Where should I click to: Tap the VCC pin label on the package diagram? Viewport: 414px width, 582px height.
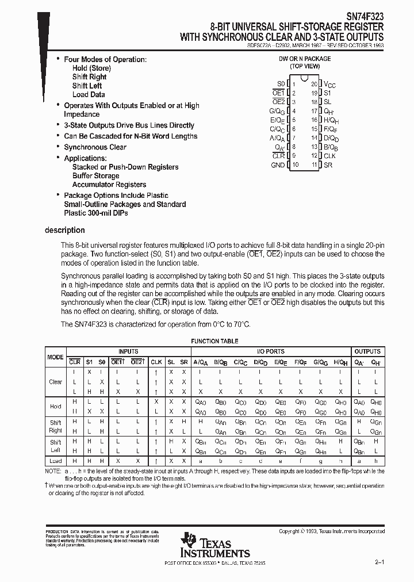[x=330, y=84]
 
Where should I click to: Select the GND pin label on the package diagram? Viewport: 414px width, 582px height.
[x=278, y=165]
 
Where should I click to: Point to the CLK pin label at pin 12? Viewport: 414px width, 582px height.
[x=329, y=156]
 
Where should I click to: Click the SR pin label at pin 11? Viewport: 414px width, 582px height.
[x=328, y=165]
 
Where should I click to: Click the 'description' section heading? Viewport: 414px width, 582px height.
[x=64, y=230]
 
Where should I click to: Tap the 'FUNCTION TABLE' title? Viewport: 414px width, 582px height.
[x=214, y=341]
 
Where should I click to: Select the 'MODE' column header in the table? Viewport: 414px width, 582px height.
[x=55, y=357]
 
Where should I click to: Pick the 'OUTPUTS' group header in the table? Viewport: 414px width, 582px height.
[x=367, y=351]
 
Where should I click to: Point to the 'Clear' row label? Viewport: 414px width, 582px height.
[x=55, y=382]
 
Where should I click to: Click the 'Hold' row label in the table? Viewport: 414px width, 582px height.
[x=55, y=407]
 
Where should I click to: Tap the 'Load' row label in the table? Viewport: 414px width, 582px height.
[x=55, y=461]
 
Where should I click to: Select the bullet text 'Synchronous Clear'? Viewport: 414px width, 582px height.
[x=95, y=147]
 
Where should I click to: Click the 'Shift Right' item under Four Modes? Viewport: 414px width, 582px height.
[x=89, y=77]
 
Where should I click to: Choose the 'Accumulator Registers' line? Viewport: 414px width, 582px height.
[x=109, y=185]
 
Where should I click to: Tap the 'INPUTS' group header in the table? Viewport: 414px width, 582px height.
[x=128, y=351]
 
